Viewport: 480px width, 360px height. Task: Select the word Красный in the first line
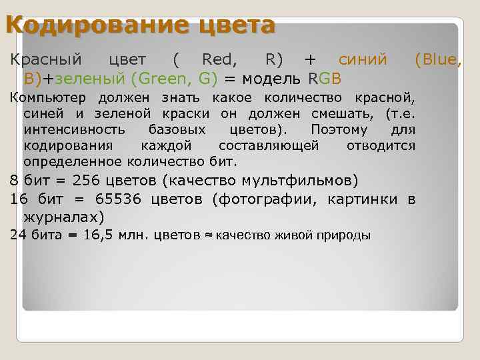pyautogui.click(x=45, y=60)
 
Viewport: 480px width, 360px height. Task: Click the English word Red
pyautogui.click(x=219, y=60)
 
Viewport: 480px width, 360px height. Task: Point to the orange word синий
pyautogui.click(x=363, y=60)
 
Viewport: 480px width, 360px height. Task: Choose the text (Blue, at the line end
pyautogui.click(x=437, y=60)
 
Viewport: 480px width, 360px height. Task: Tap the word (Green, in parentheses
pyautogui.click(x=159, y=79)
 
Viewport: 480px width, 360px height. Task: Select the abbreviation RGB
pyautogui.click(x=325, y=79)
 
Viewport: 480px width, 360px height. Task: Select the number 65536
pyautogui.click(x=117, y=199)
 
